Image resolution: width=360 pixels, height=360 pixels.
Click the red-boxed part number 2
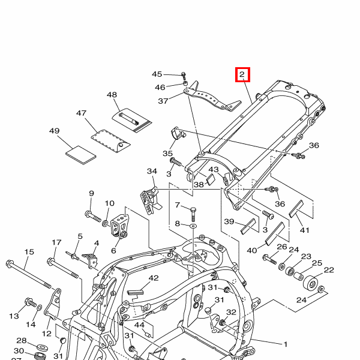point(242,75)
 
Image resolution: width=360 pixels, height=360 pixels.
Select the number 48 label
point(112,95)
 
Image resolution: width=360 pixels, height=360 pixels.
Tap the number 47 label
point(82,113)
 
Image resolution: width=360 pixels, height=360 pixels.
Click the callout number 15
point(28,251)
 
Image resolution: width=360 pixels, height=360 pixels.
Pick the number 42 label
point(154,278)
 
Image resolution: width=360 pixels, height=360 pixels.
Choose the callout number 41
point(304,230)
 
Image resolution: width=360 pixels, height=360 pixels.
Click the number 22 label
point(329,269)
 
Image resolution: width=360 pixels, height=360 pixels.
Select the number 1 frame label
point(286,344)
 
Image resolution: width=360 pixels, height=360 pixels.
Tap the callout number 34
point(152,172)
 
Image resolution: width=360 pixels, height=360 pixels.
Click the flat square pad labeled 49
point(80,154)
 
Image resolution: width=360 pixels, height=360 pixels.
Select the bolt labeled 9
point(92,215)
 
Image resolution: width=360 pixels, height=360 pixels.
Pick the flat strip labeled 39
point(248,227)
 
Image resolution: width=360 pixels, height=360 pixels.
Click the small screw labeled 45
point(184,76)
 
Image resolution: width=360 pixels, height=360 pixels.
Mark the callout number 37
point(163,101)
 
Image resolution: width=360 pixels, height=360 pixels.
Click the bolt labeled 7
point(193,212)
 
